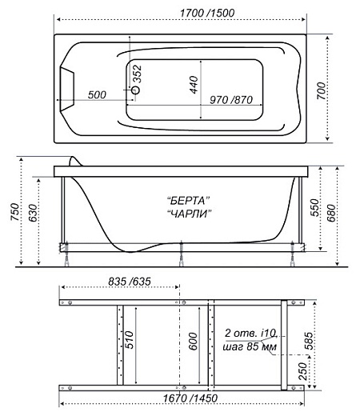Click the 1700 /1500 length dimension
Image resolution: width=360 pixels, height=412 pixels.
pyautogui.click(x=207, y=13)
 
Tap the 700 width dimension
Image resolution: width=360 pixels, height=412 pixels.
pyautogui.click(x=322, y=91)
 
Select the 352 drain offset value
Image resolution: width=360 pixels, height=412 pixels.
pyautogui.click(x=138, y=74)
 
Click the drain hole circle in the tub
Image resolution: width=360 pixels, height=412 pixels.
pyautogui.click(x=136, y=90)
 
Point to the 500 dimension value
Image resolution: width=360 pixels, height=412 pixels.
pyautogui.click(x=97, y=94)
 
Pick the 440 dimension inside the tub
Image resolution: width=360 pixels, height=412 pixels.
pyautogui.click(x=194, y=85)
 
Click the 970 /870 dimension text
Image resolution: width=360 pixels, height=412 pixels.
pyautogui.click(x=231, y=100)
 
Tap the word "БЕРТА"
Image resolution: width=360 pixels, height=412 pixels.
pyautogui.click(x=188, y=200)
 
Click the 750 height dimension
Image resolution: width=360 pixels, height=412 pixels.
pyautogui.click(x=15, y=212)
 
